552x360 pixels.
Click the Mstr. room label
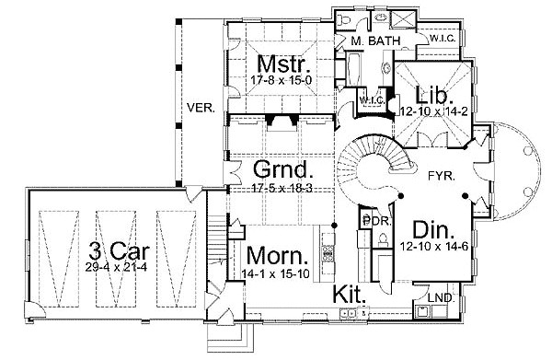click(284, 64)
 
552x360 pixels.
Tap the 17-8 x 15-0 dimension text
click(282, 80)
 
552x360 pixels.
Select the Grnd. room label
click(283, 169)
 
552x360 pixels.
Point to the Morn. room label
click(278, 256)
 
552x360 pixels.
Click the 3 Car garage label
click(120, 251)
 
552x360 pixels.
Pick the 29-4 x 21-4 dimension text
click(116, 267)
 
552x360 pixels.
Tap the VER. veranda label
click(201, 108)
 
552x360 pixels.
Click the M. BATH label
click(376, 41)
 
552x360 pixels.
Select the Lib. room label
click(433, 95)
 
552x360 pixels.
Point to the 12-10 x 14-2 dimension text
click(433, 111)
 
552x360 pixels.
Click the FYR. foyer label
click(442, 176)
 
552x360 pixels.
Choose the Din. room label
click(433, 229)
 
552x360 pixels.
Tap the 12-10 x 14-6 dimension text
click(433, 246)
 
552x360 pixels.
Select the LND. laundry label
click(441, 298)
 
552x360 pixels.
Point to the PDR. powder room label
click(376, 222)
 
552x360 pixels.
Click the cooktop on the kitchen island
click(328, 253)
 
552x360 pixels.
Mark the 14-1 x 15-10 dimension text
click(276, 273)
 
